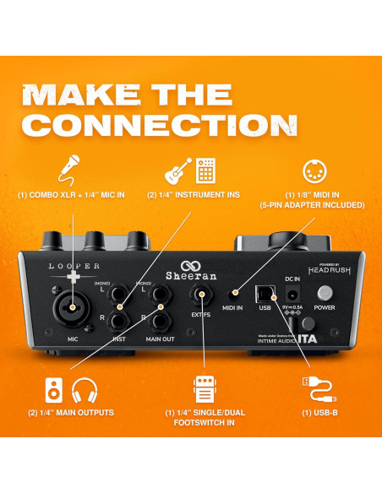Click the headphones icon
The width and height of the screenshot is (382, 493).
tap(82, 391)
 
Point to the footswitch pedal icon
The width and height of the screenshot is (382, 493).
tap(203, 391)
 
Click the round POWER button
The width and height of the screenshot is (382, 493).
tap(325, 294)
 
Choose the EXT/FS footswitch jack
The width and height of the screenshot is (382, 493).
tap(202, 293)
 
